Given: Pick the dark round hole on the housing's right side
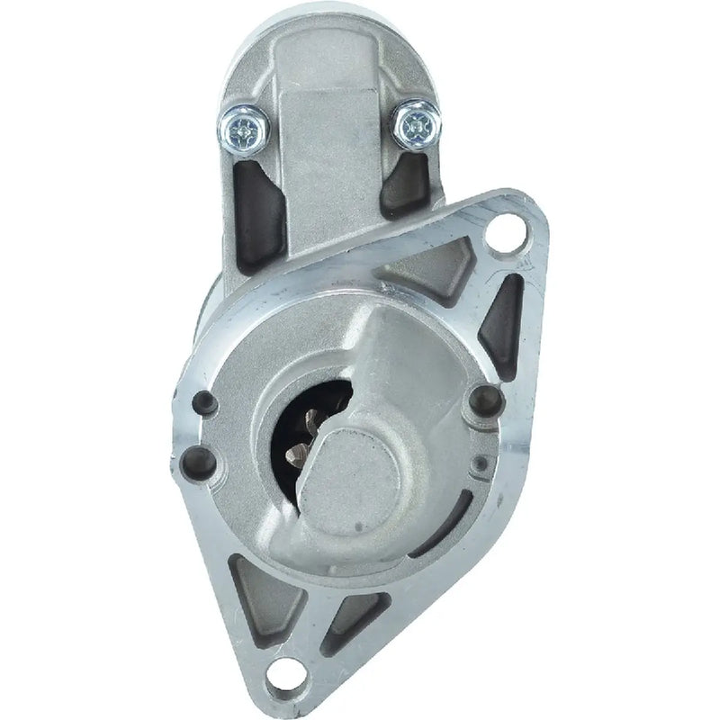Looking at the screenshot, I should point(486,395).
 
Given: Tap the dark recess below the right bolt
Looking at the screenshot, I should point(407,185).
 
